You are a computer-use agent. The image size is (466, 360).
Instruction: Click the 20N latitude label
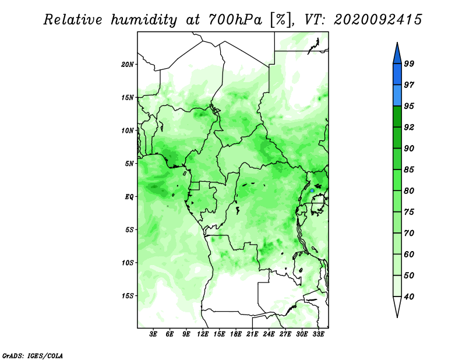(x=128, y=65)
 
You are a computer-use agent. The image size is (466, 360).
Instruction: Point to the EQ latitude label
(x=129, y=197)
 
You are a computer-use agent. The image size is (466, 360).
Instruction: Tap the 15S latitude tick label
(x=128, y=296)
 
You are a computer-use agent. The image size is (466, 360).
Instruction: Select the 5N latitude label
(x=129, y=164)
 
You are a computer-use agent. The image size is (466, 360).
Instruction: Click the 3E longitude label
(x=153, y=334)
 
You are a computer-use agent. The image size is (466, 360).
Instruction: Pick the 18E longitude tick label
(x=236, y=334)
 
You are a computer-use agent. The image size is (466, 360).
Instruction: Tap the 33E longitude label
(x=318, y=334)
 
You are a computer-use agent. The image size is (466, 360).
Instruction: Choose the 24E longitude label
(x=269, y=334)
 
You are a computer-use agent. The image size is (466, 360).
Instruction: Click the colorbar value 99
(x=409, y=63)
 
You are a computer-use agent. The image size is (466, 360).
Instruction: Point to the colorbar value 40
(x=409, y=297)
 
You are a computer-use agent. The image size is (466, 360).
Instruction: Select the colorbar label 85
(x=409, y=170)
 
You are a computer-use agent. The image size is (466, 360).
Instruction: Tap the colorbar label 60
(x=409, y=254)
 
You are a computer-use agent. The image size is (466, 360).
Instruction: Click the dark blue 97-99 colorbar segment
(x=397, y=75)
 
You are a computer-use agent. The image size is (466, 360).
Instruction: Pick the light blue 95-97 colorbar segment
(x=397, y=96)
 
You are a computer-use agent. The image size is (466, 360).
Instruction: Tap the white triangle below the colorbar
(x=397, y=306)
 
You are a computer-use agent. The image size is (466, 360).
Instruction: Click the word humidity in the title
(x=144, y=20)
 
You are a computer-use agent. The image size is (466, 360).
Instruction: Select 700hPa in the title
(x=235, y=20)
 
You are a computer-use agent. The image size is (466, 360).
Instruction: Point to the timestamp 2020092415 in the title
(x=377, y=20)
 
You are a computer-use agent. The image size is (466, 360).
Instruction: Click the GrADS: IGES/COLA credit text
(x=33, y=356)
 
